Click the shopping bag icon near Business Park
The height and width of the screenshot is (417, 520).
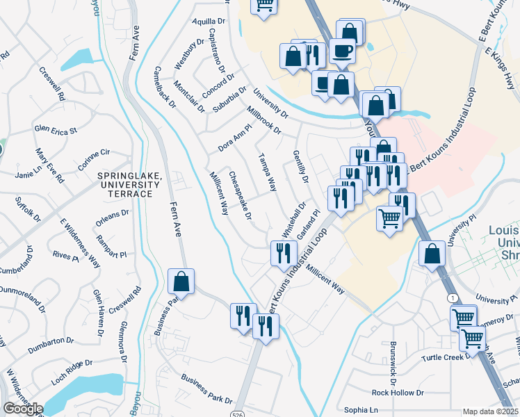181,282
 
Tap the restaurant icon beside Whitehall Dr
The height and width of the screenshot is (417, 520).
283,252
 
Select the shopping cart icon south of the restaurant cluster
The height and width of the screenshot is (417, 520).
390,218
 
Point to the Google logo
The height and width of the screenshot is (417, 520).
22,409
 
